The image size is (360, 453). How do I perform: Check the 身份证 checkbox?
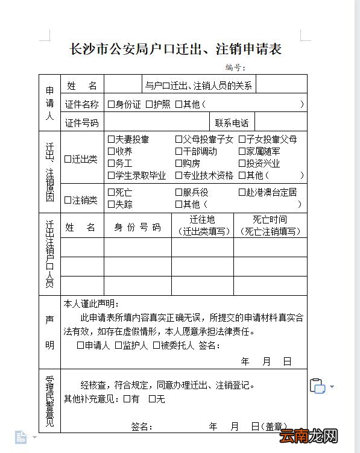(x=111, y=104)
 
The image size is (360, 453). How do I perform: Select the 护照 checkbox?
(x=148, y=104)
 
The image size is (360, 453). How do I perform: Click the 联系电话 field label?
(x=232, y=123)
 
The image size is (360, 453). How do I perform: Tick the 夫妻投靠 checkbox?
(x=111, y=139)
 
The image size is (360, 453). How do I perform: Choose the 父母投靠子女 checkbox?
(x=178, y=139)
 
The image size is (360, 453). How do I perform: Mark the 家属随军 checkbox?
(x=242, y=151)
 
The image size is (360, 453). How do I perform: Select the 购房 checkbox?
(x=178, y=163)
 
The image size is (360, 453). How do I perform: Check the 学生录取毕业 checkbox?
(x=111, y=175)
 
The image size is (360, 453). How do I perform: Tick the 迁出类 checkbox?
(x=68, y=159)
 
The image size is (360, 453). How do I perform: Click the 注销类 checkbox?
(x=68, y=200)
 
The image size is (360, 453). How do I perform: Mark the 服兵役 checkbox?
(x=178, y=192)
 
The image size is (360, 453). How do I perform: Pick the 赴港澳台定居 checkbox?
(x=242, y=192)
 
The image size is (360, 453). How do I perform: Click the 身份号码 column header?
(x=137, y=227)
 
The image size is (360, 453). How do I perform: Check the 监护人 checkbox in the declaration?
(x=118, y=345)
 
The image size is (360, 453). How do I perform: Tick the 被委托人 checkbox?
(x=156, y=345)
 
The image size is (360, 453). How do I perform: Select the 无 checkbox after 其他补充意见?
(x=152, y=398)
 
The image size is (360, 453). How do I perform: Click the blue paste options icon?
(x=317, y=386)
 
